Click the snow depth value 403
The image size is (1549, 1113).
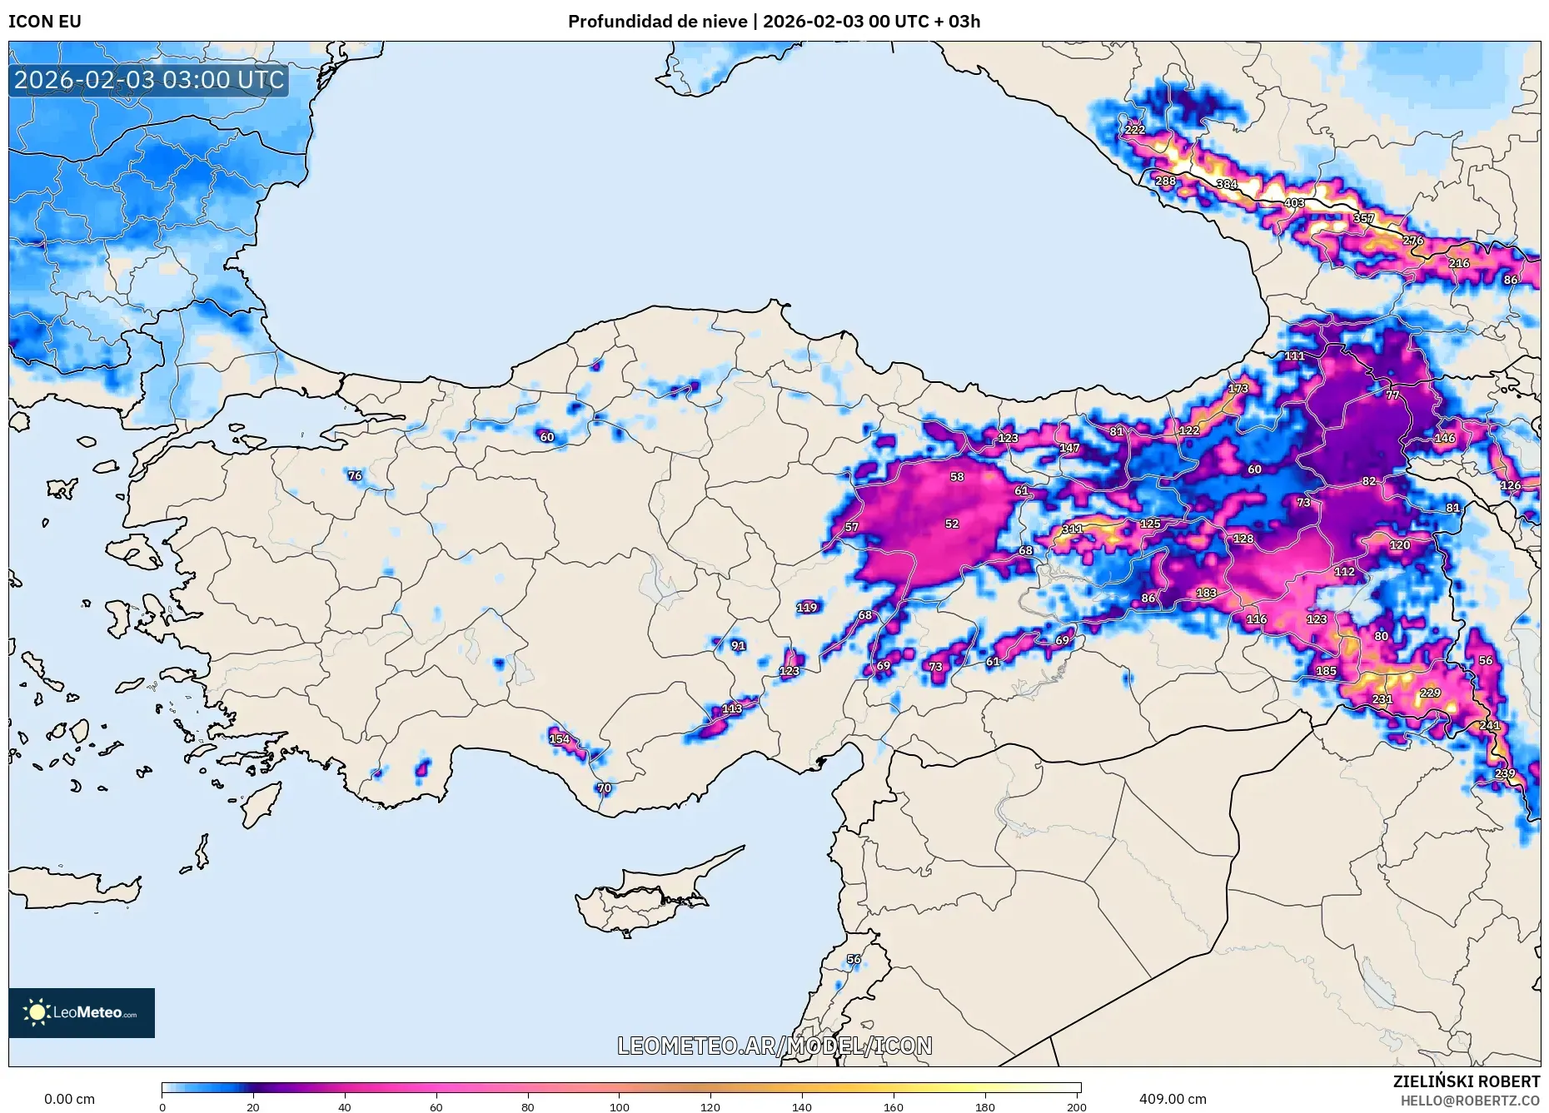tap(1294, 203)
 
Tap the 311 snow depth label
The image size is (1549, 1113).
tap(1073, 529)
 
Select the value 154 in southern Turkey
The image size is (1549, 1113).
tap(559, 739)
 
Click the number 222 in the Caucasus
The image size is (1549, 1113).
tap(1134, 130)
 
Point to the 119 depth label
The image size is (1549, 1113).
tap(806, 608)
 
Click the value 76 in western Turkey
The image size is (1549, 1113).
tap(355, 476)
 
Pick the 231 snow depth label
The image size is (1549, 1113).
tap(1382, 699)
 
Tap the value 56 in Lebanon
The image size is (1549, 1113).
tap(854, 960)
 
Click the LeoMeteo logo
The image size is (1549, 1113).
tap(82, 1012)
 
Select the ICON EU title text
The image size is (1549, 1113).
tap(45, 22)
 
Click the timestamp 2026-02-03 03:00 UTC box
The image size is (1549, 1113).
tap(149, 80)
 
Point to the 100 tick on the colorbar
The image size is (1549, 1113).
tap(619, 1107)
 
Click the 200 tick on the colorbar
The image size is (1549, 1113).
tap(1076, 1107)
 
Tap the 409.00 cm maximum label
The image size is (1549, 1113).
tap(1172, 1099)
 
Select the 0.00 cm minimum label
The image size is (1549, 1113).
tap(69, 1099)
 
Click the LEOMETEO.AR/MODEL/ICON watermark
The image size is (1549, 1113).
tap(774, 1046)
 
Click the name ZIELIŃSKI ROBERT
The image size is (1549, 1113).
tap(1466, 1081)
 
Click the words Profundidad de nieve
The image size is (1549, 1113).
tap(657, 22)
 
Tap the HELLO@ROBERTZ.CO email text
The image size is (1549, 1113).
tap(1470, 1101)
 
